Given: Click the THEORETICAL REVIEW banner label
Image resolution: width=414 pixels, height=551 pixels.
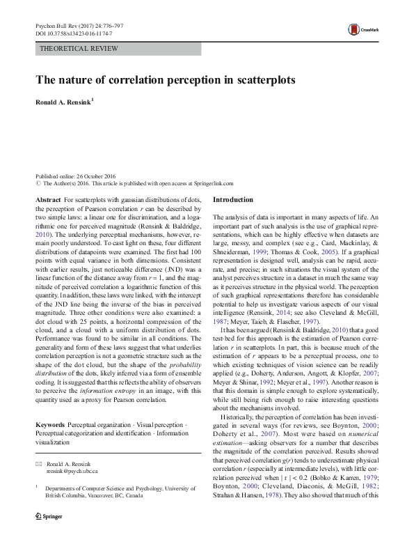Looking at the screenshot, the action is pyautogui.click(x=79, y=49).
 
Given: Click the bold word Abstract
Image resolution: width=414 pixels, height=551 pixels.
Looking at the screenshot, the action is pyautogui.click(x=49, y=200).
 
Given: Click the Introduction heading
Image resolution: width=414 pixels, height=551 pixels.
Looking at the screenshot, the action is pyautogui.click(x=233, y=200).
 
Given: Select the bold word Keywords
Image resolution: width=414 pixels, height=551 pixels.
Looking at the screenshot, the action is pyautogui.click(x=51, y=424).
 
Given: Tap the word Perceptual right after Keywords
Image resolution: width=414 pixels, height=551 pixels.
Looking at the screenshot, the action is pyautogui.click(x=83, y=424).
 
